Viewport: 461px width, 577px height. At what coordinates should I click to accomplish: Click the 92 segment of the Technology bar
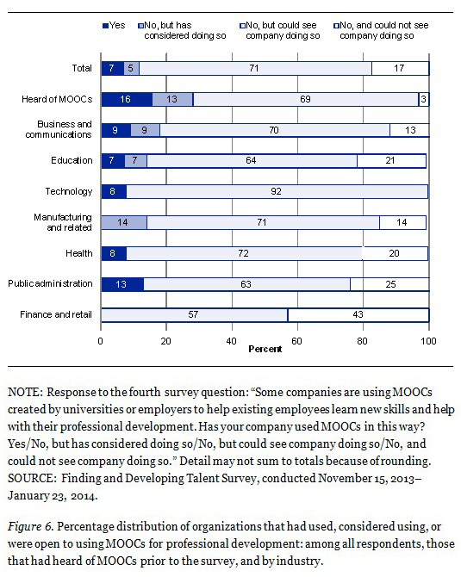(x=277, y=191)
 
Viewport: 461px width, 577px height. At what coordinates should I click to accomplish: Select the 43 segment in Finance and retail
(x=358, y=315)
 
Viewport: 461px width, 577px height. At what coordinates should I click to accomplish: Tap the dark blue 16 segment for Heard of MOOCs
(x=127, y=99)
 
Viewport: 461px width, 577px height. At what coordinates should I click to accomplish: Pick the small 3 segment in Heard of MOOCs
(x=424, y=99)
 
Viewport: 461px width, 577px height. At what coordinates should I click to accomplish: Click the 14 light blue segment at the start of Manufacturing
(x=124, y=223)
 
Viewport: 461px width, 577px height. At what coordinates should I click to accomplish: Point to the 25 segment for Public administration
(x=389, y=284)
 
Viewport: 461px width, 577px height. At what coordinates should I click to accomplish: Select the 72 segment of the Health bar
(x=245, y=253)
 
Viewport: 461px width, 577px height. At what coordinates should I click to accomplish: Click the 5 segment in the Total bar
(x=132, y=68)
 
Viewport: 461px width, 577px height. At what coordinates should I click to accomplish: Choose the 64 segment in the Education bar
(x=252, y=161)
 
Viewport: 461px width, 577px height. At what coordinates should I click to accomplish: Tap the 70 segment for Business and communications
(x=275, y=130)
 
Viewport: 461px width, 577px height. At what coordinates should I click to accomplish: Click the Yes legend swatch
(x=105, y=26)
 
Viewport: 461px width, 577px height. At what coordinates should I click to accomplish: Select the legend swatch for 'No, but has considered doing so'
(x=140, y=26)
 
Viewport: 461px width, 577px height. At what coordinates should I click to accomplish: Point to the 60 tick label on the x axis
(x=296, y=341)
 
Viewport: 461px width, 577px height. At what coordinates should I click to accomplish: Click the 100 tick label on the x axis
(x=428, y=341)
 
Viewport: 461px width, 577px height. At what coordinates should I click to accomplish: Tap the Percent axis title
(x=265, y=349)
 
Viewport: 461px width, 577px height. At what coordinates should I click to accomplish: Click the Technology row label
(x=69, y=191)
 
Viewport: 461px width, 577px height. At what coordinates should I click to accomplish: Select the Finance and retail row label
(x=56, y=314)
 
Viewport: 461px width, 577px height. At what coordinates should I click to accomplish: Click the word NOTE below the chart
(x=25, y=392)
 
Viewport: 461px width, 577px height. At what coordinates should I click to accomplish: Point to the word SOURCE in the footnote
(x=32, y=478)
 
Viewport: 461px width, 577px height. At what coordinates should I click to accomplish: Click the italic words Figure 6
(x=31, y=527)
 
